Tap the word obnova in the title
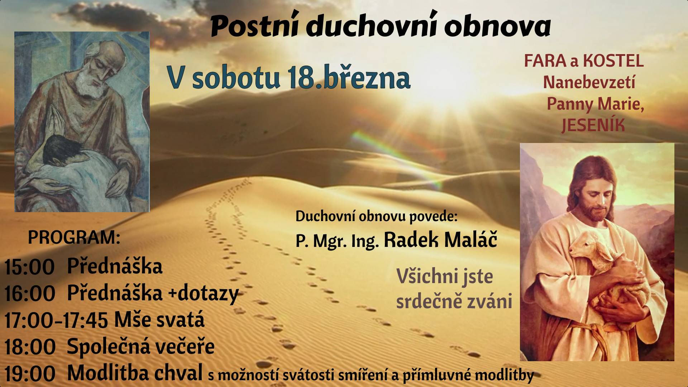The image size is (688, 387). tap(497, 27)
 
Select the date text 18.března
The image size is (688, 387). tap(348, 78)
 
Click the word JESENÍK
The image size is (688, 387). tap(593, 125)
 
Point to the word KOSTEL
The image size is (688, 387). tap(613, 61)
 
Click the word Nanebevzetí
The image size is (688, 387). tap(589, 82)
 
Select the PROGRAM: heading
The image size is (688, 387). tap(74, 238)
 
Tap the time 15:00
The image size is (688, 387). tap(29, 267)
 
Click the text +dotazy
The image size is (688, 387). tap(203, 293)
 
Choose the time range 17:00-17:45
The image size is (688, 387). tap(56, 320)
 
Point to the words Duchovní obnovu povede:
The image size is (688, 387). tap(377, 216)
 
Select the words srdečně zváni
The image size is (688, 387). tap(454, 301)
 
